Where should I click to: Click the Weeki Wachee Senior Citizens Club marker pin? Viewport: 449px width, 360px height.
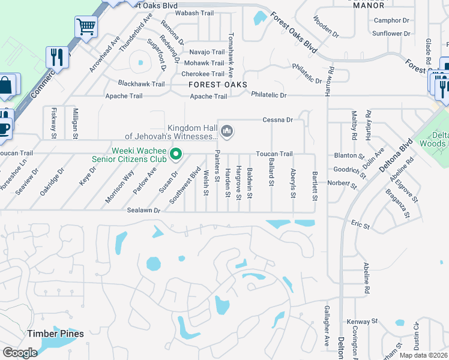click(176, 154)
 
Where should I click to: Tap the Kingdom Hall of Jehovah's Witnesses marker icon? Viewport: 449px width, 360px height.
click(227, 130)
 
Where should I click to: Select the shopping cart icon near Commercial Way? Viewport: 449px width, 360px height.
click(86, 27)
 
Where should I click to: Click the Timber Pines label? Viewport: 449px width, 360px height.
click(55, 333)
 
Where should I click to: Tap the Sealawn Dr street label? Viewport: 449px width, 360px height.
click(143, 211)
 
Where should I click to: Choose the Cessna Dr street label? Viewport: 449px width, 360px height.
click(277, 120)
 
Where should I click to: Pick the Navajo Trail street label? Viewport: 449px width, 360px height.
click(207, 52)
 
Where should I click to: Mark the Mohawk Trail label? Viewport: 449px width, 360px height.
click(204, 63)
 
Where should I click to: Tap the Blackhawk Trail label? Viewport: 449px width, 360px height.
click(141, 84)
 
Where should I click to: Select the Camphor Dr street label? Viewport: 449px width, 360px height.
click(391, 20)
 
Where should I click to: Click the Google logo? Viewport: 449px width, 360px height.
click(20, 353)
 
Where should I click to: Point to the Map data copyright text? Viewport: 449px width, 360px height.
click(424, 355)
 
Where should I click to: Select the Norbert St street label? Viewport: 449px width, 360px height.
click(342, 183)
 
